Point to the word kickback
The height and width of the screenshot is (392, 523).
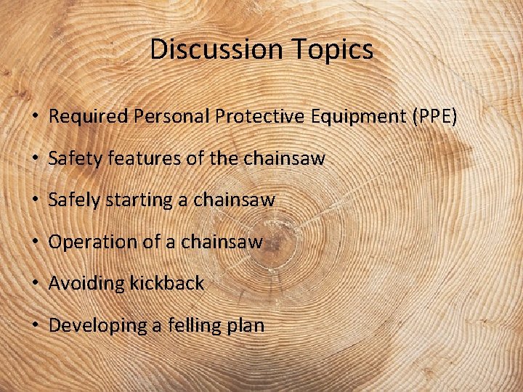coord(166,283)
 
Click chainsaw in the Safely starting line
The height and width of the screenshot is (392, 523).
coord(235,200)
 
